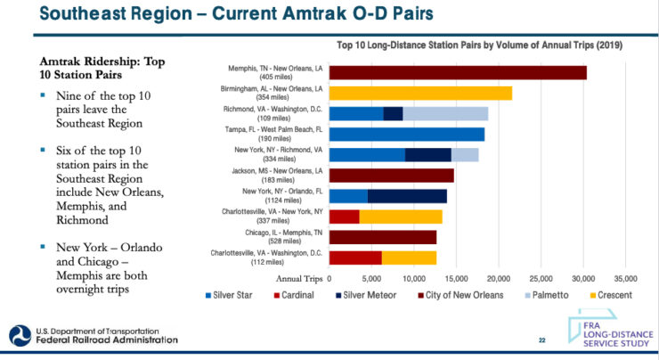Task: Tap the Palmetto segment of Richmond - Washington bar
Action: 445,113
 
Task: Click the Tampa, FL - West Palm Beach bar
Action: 407,134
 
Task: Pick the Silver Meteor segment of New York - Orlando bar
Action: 407,196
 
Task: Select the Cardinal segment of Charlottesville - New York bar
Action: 344,217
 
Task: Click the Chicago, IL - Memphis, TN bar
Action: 383,237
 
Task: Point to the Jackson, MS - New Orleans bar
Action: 392,176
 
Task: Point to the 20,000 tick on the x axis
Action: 498,278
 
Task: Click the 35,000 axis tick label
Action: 625,278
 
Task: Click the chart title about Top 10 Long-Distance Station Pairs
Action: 479,45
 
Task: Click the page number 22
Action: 541,340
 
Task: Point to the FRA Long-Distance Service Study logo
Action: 612,331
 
